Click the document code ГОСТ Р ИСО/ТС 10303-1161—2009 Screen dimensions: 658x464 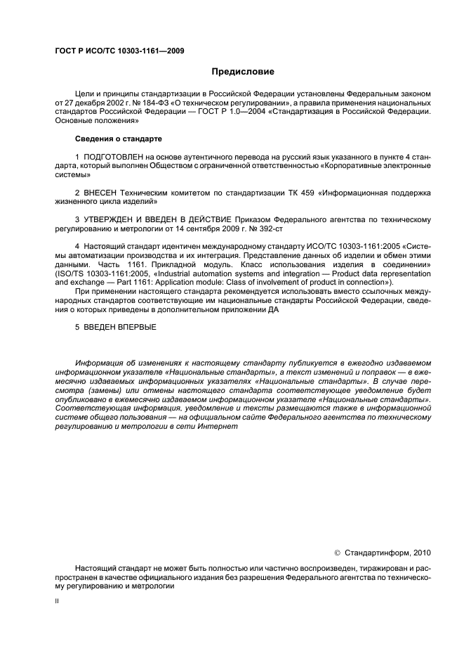tap(119, 51)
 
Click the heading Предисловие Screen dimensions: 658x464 tap(242, 72)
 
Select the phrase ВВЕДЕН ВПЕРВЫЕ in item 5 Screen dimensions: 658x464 tap(120, 327)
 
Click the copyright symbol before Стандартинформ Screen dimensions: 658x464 tap(337, 552)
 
